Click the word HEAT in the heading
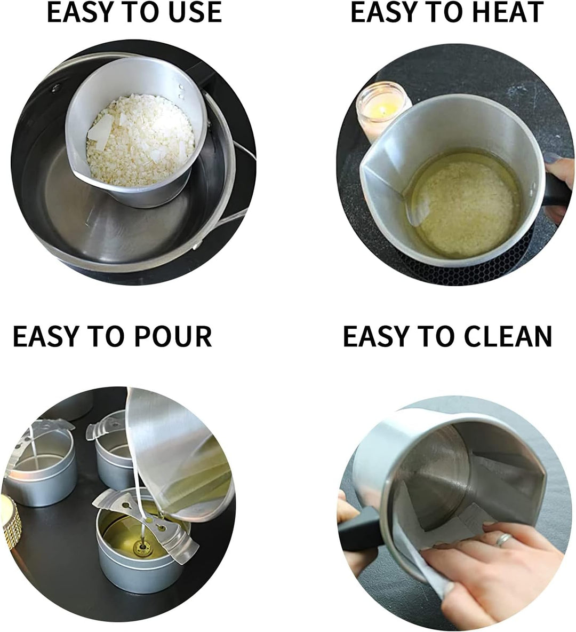tap(508, 12)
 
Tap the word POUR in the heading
tap(173, 336)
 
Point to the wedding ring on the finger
tap(503, 539)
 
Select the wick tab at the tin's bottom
tap(142, 546)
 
